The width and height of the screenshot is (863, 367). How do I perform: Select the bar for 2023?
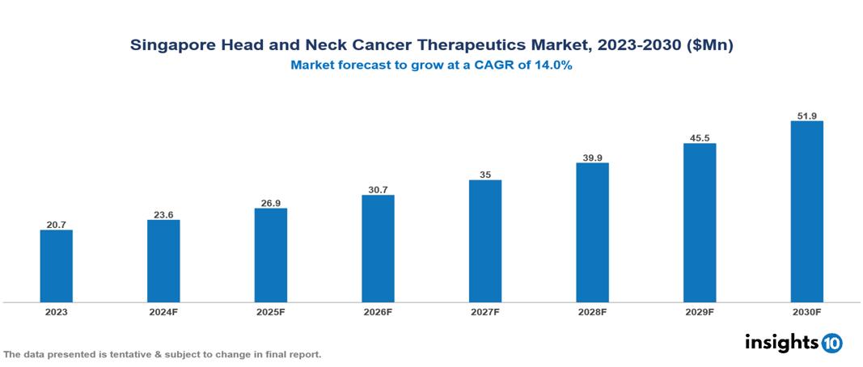tap(56, 266)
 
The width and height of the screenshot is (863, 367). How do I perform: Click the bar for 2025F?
tap(270, 255)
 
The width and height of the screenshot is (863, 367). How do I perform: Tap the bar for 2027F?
tap(485, 241)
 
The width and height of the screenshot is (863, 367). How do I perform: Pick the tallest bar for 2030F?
tap(806, 212)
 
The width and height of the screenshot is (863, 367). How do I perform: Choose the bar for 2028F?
tap(592, 232)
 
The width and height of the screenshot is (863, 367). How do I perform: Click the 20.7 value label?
tap(56, 223)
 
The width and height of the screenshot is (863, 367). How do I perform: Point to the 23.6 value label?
tap(163, 214)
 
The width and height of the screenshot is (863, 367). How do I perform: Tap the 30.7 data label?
tap(378, 189)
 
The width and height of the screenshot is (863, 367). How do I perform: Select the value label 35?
tap(485, 174)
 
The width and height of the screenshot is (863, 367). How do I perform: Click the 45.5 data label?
tap(700, 137)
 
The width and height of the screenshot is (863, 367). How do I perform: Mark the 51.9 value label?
tap(806, 116)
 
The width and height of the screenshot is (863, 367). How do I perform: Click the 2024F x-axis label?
tap(163, 311)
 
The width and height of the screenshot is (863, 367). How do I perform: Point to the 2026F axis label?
tap(378, 311)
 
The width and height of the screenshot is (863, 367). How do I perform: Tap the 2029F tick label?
tap(700, 311)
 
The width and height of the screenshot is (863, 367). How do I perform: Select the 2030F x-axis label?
tap(806, 311)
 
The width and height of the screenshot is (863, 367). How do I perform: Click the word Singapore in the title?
tap(171, 46)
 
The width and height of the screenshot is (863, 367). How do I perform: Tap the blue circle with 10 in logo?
tap(831, 343)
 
